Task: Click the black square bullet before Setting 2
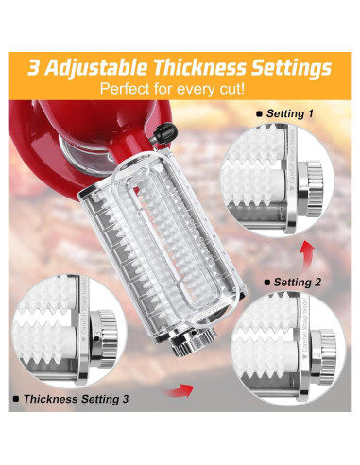[x=267, y=281]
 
